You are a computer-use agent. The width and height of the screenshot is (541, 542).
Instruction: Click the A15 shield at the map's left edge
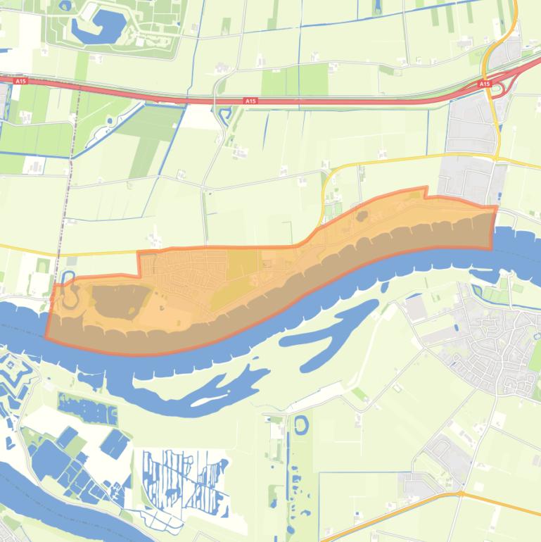click(x=20, y=82)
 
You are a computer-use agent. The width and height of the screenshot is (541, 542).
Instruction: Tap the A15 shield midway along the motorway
click(x=250, y=101)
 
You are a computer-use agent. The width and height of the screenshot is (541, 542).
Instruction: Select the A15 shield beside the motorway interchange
click(x=484, y=84)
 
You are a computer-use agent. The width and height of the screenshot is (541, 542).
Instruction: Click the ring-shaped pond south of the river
click(x=301, y=424)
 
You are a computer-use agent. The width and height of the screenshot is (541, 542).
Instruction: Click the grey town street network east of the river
click(x=492, y=345)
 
